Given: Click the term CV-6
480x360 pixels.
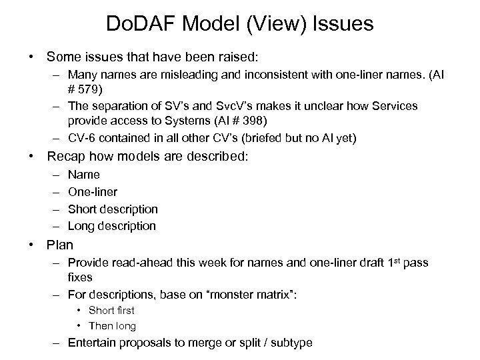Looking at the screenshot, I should click(83, 138).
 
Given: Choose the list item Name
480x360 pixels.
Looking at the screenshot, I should click(84, 175).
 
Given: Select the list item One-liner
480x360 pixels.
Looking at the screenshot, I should click(93, 192).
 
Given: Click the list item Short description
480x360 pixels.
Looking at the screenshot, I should click(113, 209).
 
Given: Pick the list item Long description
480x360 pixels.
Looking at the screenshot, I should click(112, 226).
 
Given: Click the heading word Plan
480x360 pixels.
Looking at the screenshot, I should click(60, 245).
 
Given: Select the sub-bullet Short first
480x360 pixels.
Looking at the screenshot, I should click(111, 310).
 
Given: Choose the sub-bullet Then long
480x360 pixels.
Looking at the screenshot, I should click(112, 326).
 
